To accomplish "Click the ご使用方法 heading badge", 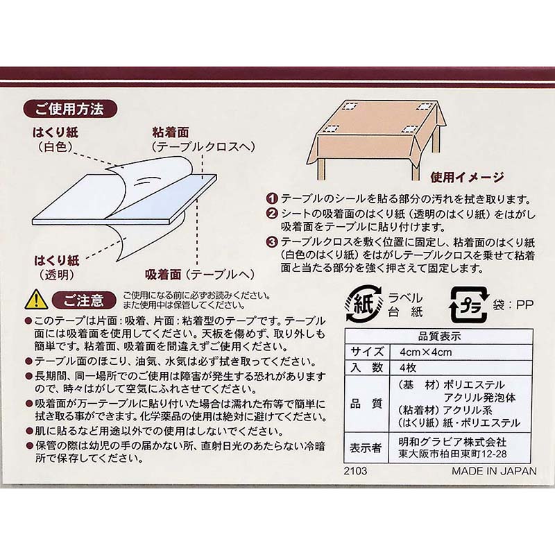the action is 70,109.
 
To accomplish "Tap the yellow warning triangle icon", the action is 37,300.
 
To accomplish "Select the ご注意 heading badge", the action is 84,300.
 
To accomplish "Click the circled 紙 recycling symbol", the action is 364,304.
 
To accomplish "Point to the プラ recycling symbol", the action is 469,305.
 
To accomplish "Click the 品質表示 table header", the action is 439,336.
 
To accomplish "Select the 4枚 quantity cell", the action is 408,368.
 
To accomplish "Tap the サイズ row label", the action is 367,352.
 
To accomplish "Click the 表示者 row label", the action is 366,447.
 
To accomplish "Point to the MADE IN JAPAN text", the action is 494,471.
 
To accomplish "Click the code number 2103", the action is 355,471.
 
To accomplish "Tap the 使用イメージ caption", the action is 467,178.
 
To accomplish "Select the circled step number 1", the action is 273,199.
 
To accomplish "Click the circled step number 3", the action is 273,242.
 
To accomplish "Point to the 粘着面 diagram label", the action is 171,133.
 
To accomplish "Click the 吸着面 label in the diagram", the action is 163,274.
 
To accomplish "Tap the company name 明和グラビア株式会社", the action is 452,442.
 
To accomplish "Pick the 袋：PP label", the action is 513,305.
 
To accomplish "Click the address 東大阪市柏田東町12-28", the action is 453,454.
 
